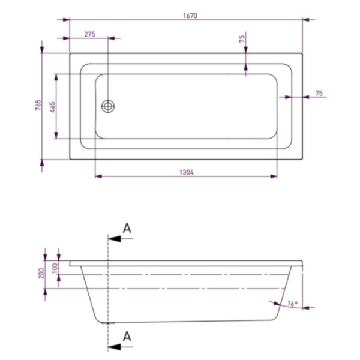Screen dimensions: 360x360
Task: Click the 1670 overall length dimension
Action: point(190,16)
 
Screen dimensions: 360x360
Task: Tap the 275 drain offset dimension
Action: point(90,34)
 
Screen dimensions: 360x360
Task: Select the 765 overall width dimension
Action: point(38,105)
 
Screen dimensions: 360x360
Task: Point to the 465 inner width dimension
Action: point(52,107)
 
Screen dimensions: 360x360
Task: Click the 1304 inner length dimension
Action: point(187,172)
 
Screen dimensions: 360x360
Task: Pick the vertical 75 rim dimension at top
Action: point(242,39)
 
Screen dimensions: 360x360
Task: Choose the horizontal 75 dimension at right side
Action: point(319,93)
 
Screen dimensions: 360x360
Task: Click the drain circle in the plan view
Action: point(108,106)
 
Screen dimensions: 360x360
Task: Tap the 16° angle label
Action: point(292,304)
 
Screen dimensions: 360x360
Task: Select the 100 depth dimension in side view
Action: point(55,268)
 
